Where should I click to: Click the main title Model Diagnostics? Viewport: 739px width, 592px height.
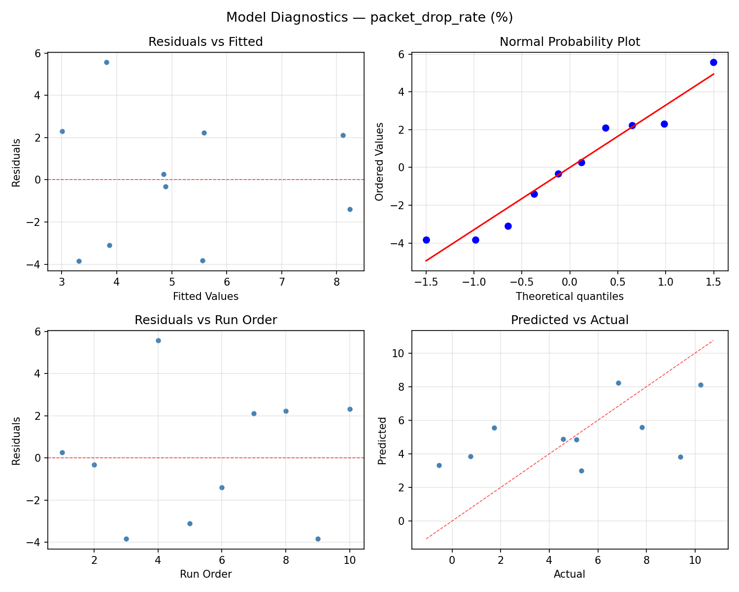click(369, 18)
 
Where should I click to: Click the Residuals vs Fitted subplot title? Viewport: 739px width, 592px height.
click(205, 42)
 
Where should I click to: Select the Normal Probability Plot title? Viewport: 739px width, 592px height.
click(570, 42)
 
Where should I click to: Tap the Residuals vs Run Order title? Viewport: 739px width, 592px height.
click(205, 320)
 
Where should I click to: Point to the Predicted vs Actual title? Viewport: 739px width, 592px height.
click(570, 320)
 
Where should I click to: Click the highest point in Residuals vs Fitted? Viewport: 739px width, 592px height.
click(106, 62)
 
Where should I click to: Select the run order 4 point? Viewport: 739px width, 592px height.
click(158, 340)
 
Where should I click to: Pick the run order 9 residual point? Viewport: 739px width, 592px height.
click(318, 539)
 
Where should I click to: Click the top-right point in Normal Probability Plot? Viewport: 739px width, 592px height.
click(713, 62)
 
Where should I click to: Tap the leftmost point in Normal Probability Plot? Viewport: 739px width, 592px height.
click(426, 240)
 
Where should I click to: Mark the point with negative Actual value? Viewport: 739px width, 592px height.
click(439, 465)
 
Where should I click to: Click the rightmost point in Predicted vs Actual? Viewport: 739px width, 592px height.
click(701, 385)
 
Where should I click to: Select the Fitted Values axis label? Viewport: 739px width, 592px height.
click(205, 296)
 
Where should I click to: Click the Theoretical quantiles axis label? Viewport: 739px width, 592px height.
click(570, 296)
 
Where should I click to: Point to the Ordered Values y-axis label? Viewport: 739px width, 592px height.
click(379, 161)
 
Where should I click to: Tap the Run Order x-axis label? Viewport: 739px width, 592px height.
click(205, 574)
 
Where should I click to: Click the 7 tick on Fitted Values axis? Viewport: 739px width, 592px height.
click(281, 282)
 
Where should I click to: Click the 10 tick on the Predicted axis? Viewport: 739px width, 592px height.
click(398, 354)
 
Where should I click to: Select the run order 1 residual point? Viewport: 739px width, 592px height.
click(62, 452)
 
